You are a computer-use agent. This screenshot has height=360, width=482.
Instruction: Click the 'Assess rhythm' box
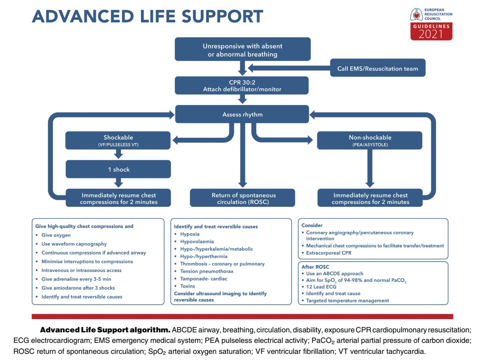(x=242, y=114)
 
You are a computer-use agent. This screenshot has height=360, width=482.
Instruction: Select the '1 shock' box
(x=119, y=169)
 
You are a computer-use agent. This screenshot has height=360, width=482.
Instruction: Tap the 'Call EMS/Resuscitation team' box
(x=378, y=68)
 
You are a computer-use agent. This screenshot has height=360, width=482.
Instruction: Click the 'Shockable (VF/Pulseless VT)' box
(x=119, y=140)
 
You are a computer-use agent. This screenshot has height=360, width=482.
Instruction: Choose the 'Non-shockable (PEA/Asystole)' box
(x=370, y=140)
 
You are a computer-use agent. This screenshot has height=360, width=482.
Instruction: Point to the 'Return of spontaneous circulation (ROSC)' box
(x=242, y=198)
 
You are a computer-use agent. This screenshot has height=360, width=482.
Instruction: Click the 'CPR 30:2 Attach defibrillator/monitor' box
(x=242, y=86)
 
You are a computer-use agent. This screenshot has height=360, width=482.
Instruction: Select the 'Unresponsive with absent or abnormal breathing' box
(x=242, y=49)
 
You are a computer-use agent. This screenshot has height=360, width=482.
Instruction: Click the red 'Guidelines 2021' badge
(x=431, y=32)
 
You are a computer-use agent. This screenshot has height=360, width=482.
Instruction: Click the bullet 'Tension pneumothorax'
(x=207, y=271)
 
